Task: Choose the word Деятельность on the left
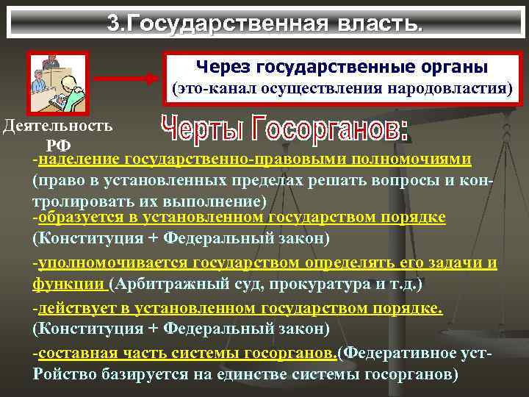[x=57, y=124]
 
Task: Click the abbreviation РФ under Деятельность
[x=59, y=145]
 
